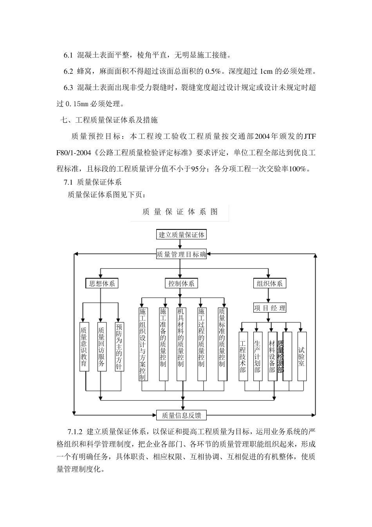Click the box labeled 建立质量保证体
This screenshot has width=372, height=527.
tap(181, 235)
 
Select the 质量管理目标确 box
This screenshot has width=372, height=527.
tap(181, 254)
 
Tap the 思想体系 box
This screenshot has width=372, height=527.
tap(102, 283)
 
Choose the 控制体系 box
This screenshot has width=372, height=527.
tap(181, 283)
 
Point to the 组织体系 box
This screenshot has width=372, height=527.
tap(269, 283)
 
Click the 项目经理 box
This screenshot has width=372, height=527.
tap(269, 308)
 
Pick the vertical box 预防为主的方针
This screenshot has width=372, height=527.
tap(119, 347)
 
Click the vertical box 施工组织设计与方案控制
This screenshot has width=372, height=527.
tap(143, 344)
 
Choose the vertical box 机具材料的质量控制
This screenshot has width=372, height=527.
tap(181, 344)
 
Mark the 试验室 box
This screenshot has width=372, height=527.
tap(302, 356)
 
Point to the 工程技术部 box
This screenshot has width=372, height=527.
tap(243, 356)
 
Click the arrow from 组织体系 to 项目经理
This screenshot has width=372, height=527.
tap(269, 296)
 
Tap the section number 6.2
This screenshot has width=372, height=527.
tap(69, 71)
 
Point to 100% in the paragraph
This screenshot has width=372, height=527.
tap(300, 169)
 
